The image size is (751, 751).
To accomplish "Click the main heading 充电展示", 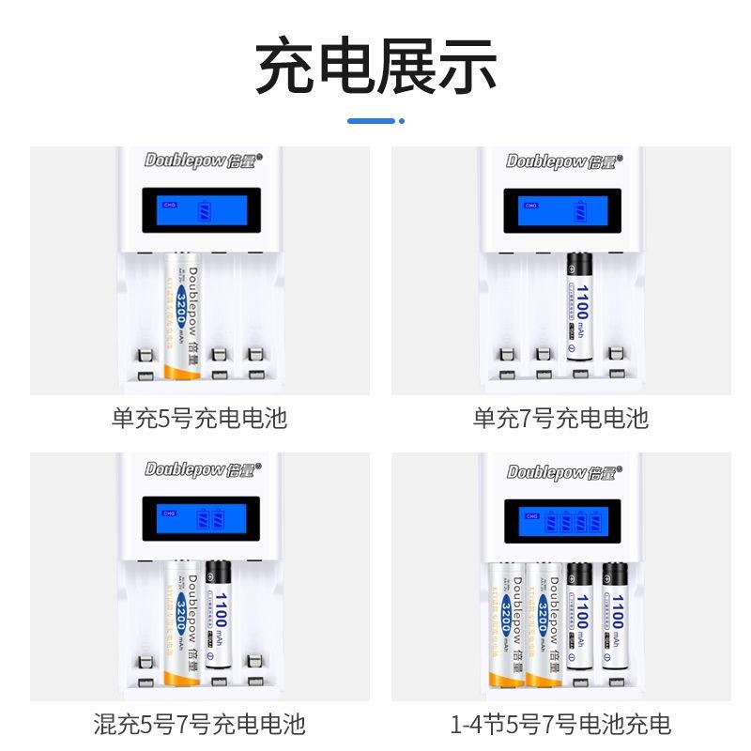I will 375,66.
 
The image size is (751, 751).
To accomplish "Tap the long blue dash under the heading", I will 371,120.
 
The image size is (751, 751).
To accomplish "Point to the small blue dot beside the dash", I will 402,120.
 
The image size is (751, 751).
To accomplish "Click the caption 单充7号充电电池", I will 560,418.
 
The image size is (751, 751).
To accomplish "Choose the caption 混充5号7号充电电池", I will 199,724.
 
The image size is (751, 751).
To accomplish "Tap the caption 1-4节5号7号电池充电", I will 560,724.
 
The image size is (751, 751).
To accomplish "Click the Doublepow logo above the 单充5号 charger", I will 199,161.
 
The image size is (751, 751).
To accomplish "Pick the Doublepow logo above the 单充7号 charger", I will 561,161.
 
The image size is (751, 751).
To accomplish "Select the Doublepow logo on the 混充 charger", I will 199,469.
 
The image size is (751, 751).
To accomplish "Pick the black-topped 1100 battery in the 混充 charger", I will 218,617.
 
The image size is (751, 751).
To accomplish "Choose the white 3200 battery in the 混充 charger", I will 182,621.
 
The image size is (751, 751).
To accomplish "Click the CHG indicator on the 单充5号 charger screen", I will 170,204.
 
